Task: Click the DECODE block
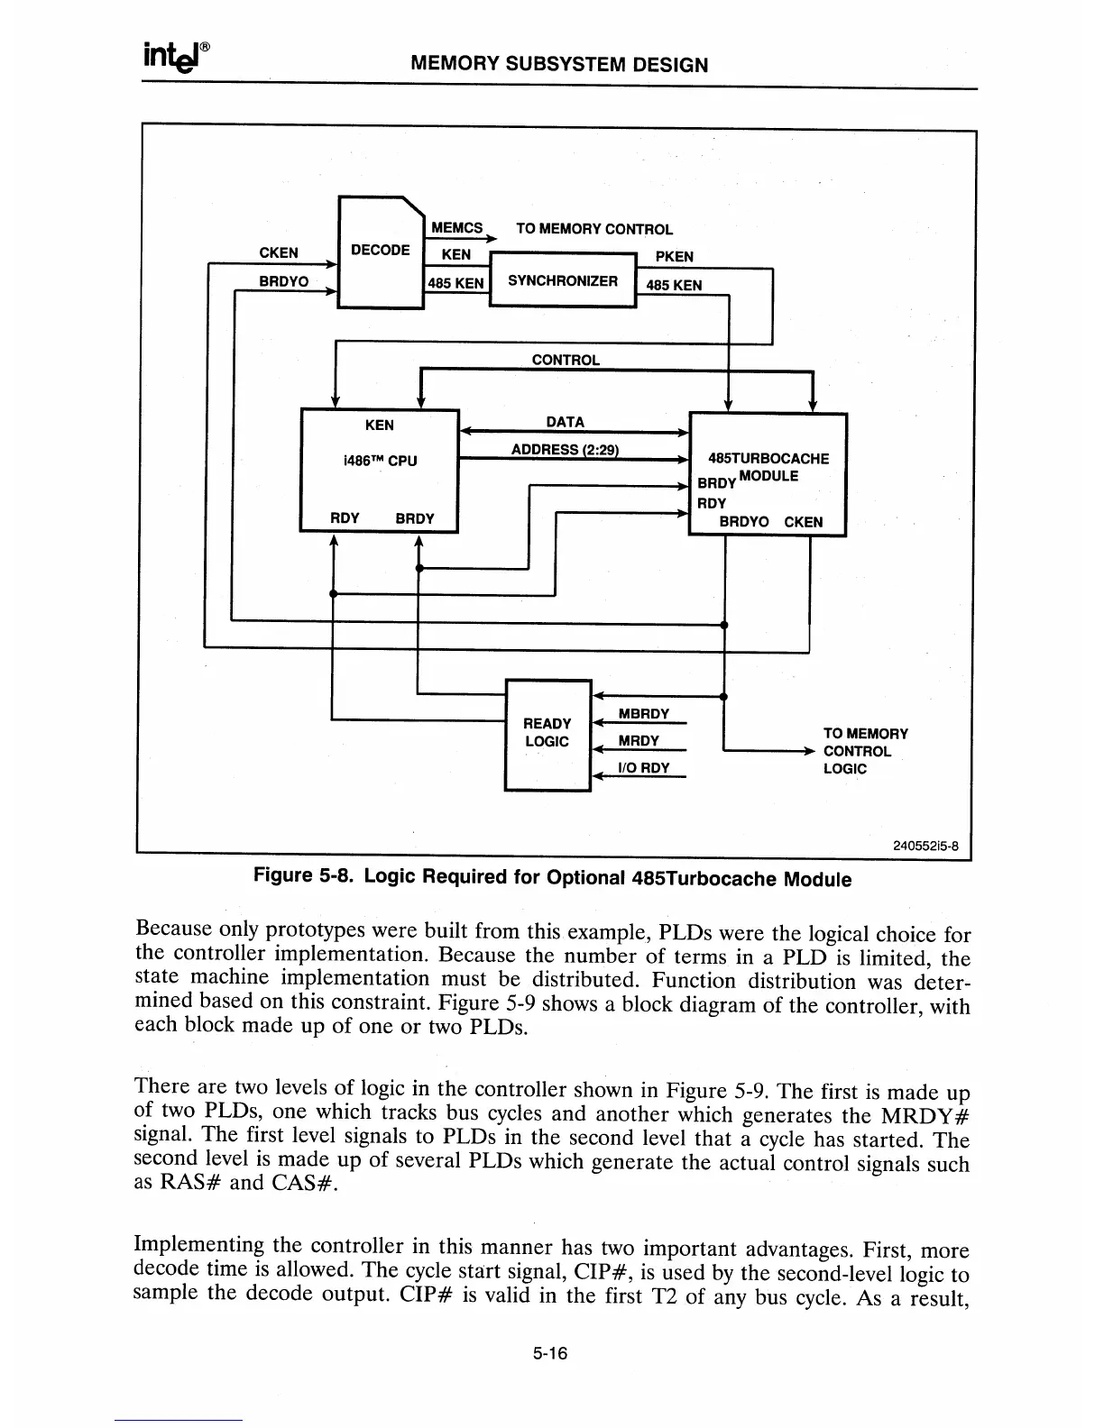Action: point(380,252)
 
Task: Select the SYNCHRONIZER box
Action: point(563,280)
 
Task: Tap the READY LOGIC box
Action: point(547,733)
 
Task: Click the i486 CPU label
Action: point(380,461)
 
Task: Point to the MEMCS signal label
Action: point(457,228)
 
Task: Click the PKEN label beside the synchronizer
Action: point(674,257)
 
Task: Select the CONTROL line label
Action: point(566,360)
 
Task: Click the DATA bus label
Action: point(566,422)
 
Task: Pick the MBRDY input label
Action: point(643,714)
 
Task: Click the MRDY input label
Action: point(639,741)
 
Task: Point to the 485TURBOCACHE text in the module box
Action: point(768,459)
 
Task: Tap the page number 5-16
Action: point(552,1353)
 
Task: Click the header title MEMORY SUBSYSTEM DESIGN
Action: point(559,65)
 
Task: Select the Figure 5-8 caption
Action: point(552,877)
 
